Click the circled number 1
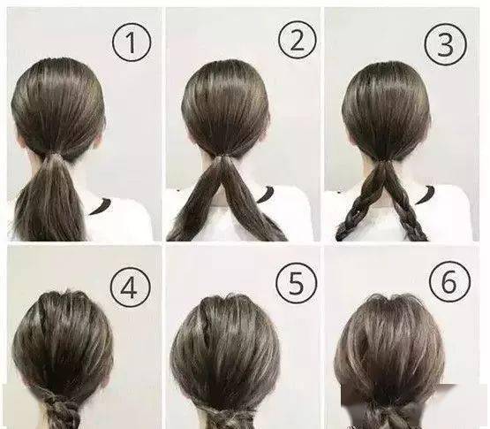click(132, 42)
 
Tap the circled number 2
click(298, 41)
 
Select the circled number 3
click(446, 44)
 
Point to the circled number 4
click(130, 287)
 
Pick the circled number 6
click(449, 280)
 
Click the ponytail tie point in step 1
click(56, 155)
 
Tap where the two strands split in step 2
click(222, 160)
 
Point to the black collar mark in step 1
click(101, 207)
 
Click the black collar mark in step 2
click(264, 195)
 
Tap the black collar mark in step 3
click(425, 195)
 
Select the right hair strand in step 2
click(250, 203)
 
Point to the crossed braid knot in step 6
click(388, 413)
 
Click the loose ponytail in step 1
click(51, 201)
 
